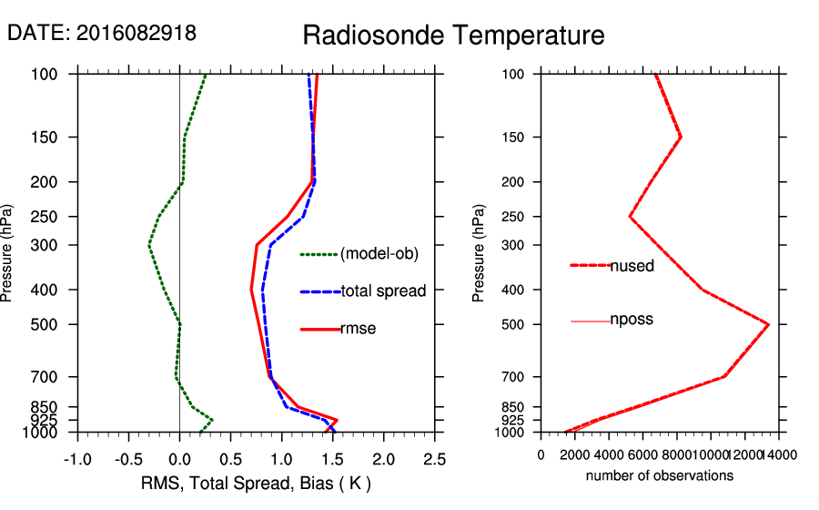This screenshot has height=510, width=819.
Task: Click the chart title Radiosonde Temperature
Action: click(x=453, y=36)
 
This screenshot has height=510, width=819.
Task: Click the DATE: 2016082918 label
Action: click(x=102, y=34)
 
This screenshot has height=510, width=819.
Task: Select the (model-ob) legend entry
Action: click(x=379, y=254)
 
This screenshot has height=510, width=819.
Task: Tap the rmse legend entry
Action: click(x=358, y=329)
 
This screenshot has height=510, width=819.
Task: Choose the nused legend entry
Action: click(x=632, y=266)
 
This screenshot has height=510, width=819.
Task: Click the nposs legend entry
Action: click(x=632, y=320)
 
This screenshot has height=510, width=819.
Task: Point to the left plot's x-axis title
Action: click(x=257, y=483)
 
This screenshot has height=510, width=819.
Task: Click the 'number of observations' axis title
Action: click(x=660, y=475)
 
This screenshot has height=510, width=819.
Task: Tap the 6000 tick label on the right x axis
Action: click(x=642, y=455)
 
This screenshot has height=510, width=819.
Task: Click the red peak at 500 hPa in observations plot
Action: click(x=769, y=324)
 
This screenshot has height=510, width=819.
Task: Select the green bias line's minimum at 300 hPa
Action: click(x=149, y=245)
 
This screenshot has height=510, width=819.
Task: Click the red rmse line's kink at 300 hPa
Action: click(x=258, y=244)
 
